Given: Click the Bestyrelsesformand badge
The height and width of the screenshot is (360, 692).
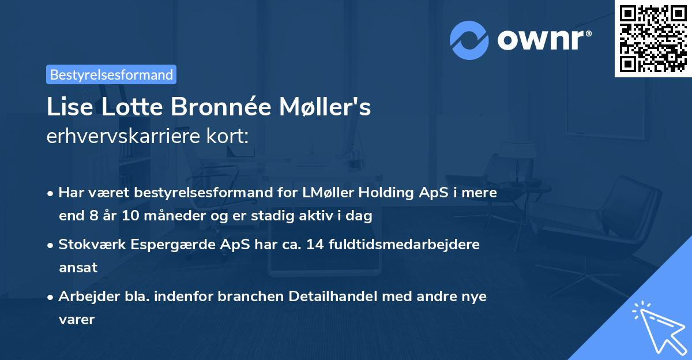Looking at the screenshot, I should pos(111,74).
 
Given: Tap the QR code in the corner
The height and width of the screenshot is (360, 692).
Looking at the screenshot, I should pos(652,38).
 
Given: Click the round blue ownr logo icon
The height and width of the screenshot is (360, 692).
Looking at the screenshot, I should pos(469,40).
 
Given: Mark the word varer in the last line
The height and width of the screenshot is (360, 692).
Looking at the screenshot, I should pos(76,319).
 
